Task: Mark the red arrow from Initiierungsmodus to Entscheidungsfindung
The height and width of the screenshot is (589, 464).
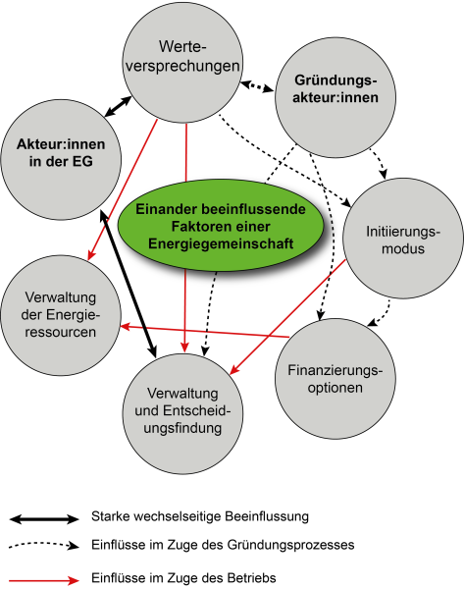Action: (290, 314)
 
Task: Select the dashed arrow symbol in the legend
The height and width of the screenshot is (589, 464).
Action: (43, 546)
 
